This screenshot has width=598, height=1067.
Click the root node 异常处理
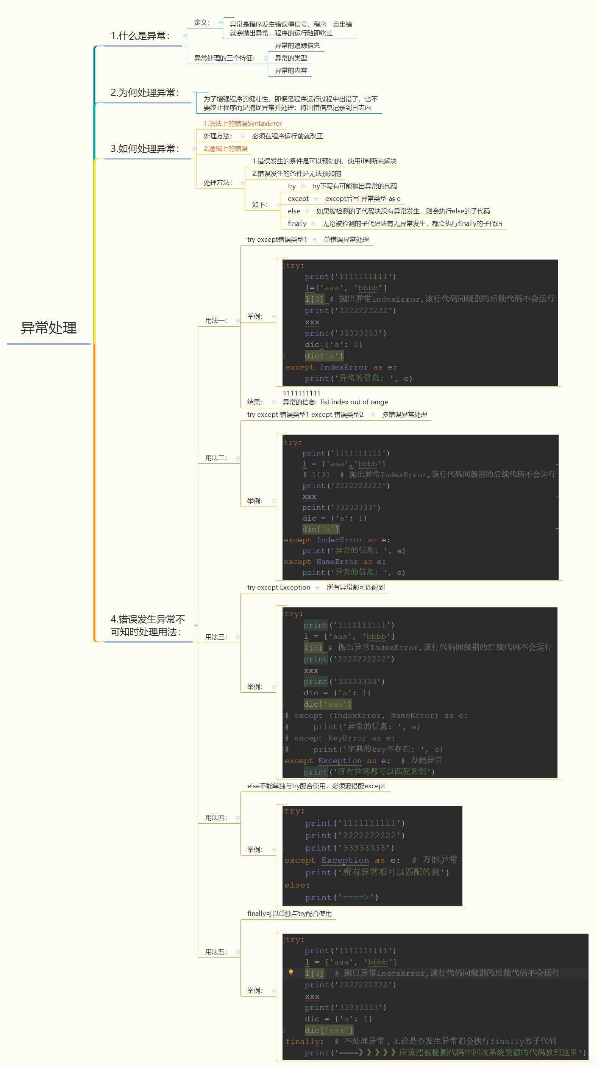(48, 328)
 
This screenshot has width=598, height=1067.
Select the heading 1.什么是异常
(140, 36)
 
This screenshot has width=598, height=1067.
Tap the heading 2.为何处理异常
(144, 92)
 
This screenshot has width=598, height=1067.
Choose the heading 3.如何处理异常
(144, 149)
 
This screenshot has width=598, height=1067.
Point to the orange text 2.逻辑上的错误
(225, 149)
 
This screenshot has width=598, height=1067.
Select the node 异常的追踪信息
(297, 45)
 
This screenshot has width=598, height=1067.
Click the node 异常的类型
(291, 58)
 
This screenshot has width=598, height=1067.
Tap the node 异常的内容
(291, 70)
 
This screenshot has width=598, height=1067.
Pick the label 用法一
(216, 321)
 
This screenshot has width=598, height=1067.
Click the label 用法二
(216, 458)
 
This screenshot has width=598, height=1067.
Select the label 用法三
(216, 637)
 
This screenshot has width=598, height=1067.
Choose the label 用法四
(216, 818)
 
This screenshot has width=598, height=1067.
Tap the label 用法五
(216, 952)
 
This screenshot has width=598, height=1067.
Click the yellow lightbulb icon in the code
(291, 972)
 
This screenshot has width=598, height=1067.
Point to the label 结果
(255, 402)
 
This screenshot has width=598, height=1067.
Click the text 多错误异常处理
(404, 415)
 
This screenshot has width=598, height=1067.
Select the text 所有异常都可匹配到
(355, 587)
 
